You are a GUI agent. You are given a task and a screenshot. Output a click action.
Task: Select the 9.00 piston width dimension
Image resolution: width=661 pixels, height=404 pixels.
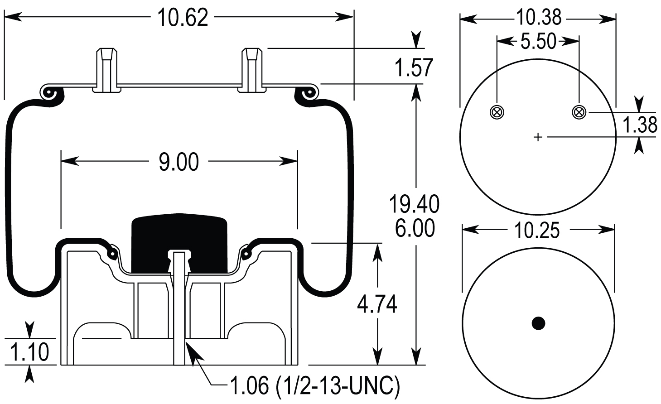[x=179, y=162]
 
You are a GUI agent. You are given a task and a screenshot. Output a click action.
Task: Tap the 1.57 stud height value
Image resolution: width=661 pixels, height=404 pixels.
[x=414, y=68]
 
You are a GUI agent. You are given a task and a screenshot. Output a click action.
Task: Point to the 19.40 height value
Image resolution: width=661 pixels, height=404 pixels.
[x=414, y=204]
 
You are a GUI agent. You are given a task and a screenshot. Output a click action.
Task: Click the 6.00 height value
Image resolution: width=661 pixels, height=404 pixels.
[x=414, y=228]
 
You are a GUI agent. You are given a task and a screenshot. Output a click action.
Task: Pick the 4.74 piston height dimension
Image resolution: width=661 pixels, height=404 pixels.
[x=377, y=304]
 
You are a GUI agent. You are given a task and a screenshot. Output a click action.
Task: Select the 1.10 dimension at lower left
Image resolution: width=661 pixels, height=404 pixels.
[x=29, y=352]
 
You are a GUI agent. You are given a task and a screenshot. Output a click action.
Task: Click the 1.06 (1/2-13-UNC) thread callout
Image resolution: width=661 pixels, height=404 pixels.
[x=315, y=386]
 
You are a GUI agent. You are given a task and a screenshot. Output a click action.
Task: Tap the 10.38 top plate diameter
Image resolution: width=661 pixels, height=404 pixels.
[x=538, y=18]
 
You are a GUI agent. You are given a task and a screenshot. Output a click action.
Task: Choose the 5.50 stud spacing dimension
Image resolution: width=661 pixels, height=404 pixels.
[x=538, y=41]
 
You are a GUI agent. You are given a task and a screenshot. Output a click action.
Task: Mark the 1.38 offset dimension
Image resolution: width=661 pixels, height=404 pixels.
[x=640, y=125]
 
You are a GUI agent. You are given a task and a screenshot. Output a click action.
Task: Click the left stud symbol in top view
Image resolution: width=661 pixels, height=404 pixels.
[x=497, y=112]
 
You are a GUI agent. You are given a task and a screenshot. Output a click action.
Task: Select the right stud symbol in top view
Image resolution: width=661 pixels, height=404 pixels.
[x=579, y=112]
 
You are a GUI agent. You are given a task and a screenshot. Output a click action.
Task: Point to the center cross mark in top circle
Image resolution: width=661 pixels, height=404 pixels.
[x=538, y=137]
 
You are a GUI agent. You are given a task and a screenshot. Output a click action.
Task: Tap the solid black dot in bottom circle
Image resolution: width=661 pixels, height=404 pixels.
[x=538, y=323]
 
